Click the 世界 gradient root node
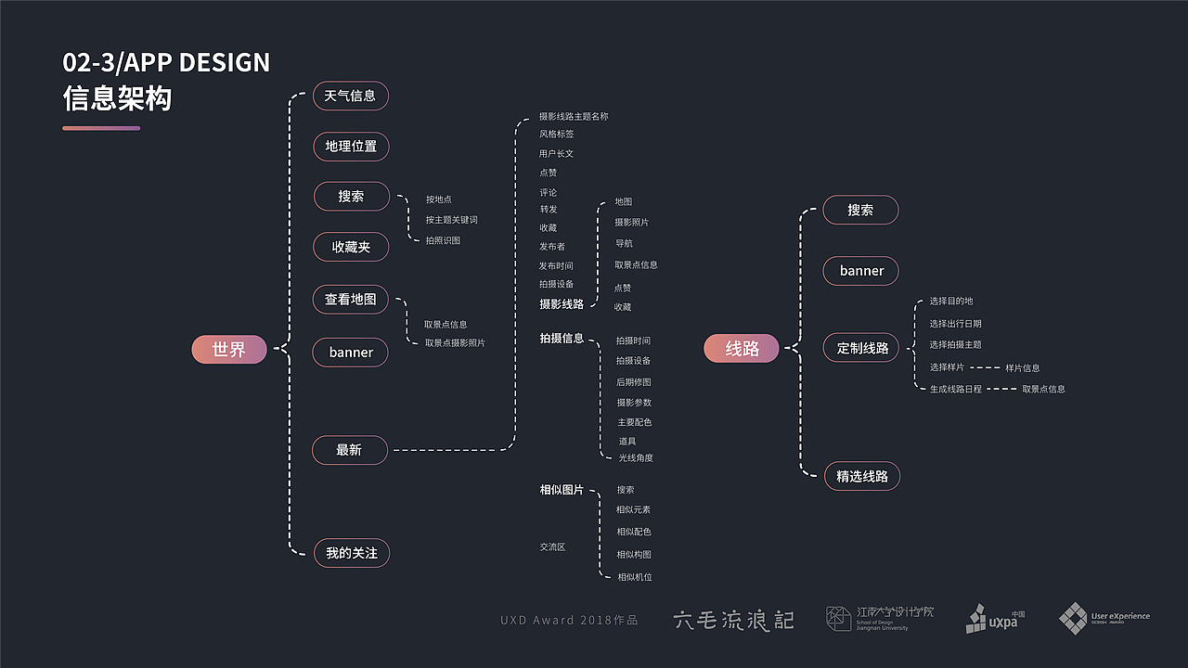[x=229, y=350]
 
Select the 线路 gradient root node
[x=742, y=348]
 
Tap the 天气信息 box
[x=350, y=96]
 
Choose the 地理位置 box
[x=351, y=146]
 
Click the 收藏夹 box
[x=351, y=247]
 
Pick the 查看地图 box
[x=350, y=300]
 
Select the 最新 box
[x=349, y=450]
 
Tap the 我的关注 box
[x=351, y=553]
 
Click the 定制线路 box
[x=862, y=348]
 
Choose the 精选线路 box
[x=862, y=476]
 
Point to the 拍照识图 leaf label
[x=443, y=241]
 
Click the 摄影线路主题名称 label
[x=574, y=117]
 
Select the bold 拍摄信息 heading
[x=562, y=339]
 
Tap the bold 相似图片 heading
[x=562, y=490]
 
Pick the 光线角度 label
[x=636, y=458]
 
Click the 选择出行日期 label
[x=955, y=324]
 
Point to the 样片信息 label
[x=1022, y=368]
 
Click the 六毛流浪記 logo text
[x=733, y=620]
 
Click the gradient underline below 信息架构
[x=101, y=128]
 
